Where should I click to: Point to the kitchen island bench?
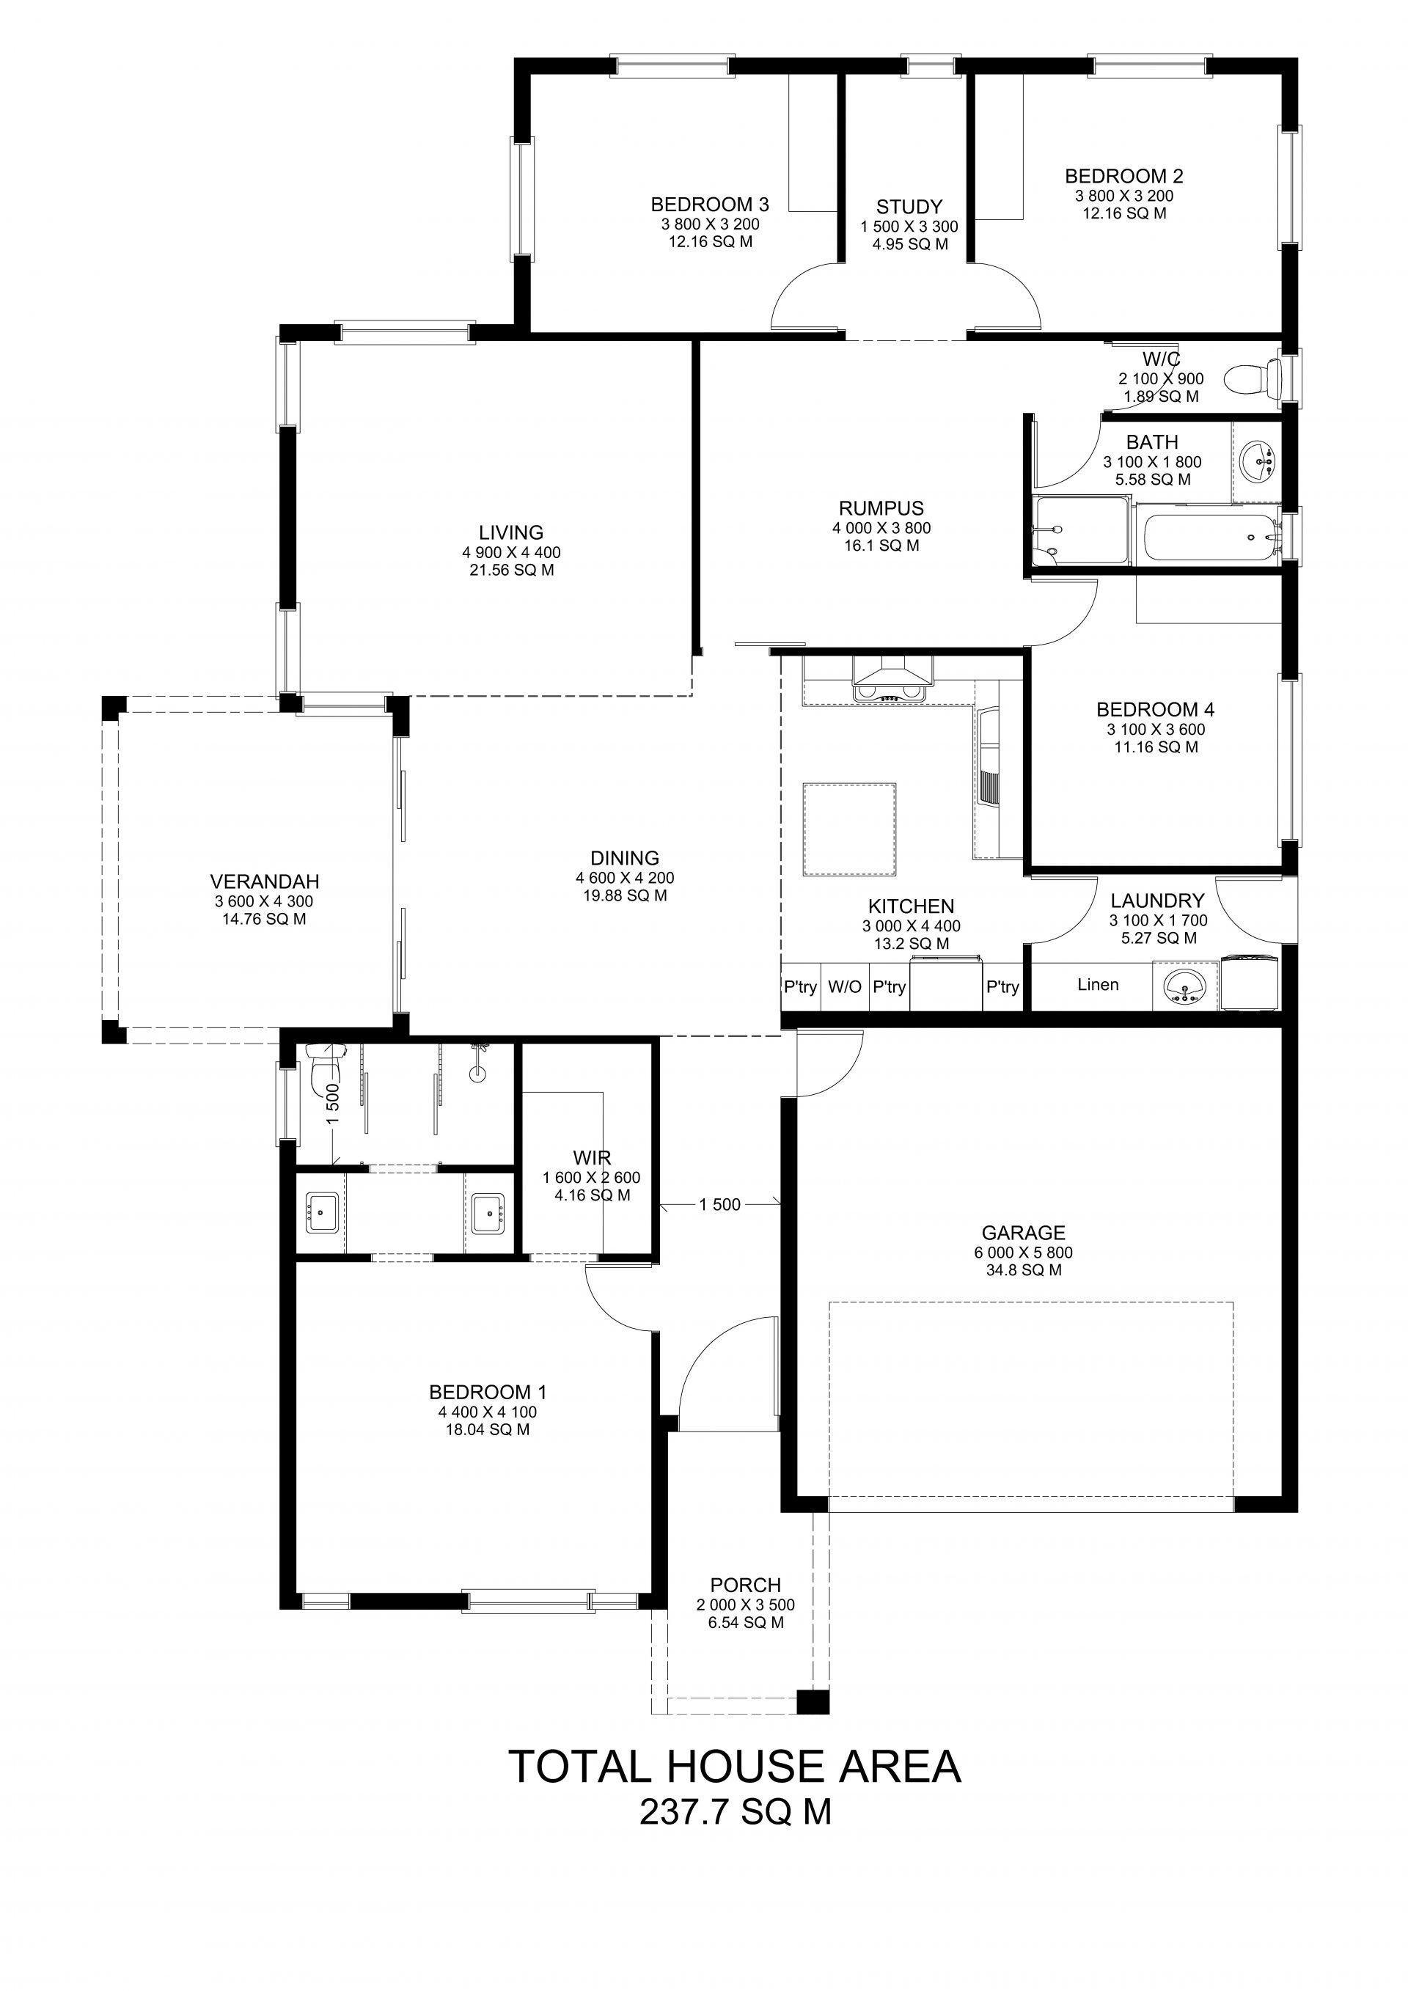tap(850, 830)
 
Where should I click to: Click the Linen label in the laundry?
tap(1098, 984)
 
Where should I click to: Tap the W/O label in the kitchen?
tap(845, 987)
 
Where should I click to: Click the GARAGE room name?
tap(1023, 1232)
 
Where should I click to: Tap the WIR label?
tap(591, 1158)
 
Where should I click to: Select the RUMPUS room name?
tap(881, 508)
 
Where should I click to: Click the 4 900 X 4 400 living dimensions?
tap(512, 552)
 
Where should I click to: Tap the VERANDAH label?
tap(265, 881)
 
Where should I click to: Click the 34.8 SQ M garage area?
tap(1023, 1270)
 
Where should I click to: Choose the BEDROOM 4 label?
tap(1155, 710)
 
